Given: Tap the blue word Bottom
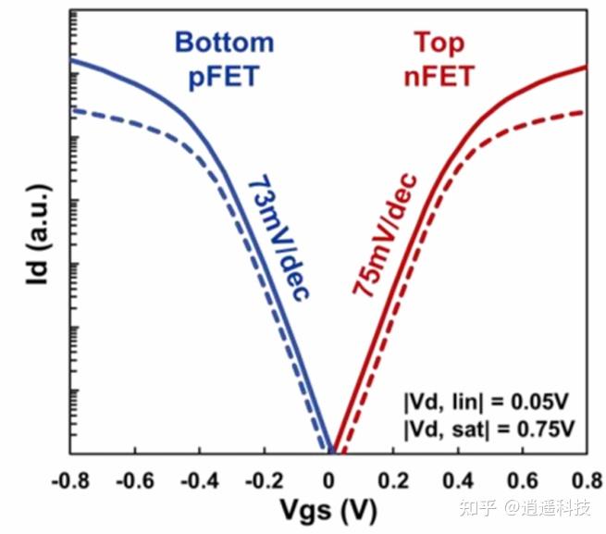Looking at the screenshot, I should [x=225, y=43].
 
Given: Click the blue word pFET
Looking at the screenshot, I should [x=225, y=75].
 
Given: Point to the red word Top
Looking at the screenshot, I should [x=439, y=43].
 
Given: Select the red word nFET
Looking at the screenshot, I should [x=439, y=75].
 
